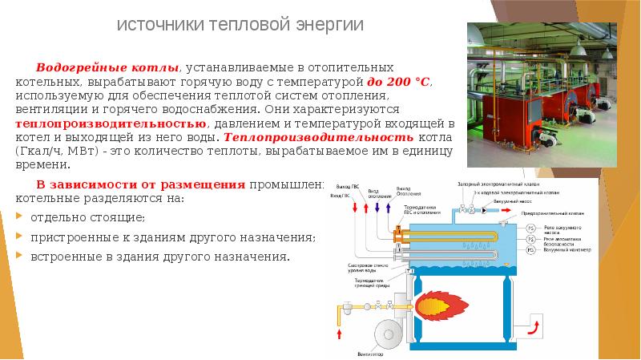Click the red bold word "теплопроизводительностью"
(x=111, y=124)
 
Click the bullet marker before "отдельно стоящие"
(x=19, y=217)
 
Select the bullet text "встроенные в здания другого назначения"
(x=159, y=257)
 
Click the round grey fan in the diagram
(x=384, y=330)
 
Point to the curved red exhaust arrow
(x=533, y=326)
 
